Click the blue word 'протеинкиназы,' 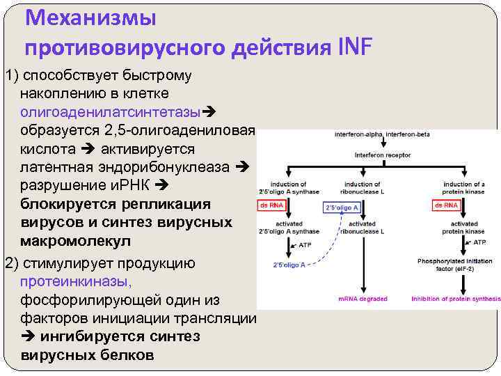pyautogui.click(x=76, y=281)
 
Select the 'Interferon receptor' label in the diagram pyautogui.click(x=383, y=155)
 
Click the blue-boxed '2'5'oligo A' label pyautogui.click(x=342, y=207)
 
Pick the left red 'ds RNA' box pyautogui.click(x=271, y=205)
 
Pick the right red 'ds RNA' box pyautogui.click(x=446, y=205)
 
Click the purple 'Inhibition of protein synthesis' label pyautogui.click(x=456, y=299)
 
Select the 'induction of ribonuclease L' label pyautogui.click(x=363, y=187)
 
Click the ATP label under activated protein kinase pyautogui.click(x=479, y=242)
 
